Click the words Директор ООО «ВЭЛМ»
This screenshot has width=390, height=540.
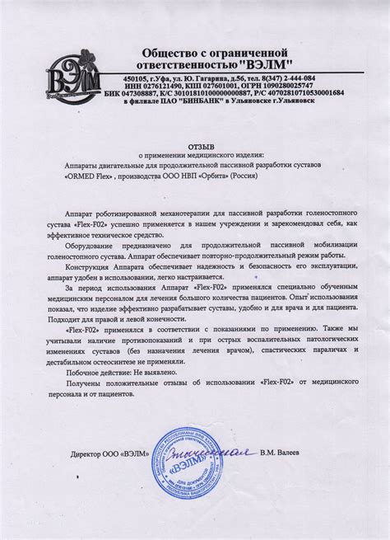[x=110, y=453]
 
